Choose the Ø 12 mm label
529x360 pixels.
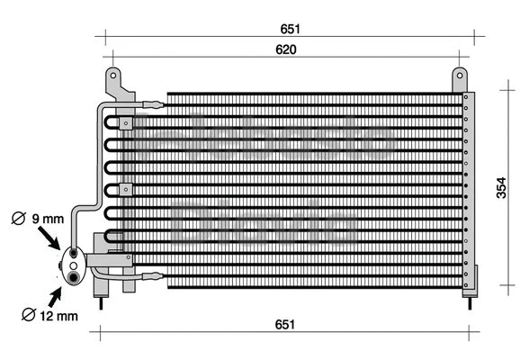(52, 314)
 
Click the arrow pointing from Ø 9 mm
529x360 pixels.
(49, 237)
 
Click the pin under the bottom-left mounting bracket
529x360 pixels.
(102, 301)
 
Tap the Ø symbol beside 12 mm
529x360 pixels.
(27, 314)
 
